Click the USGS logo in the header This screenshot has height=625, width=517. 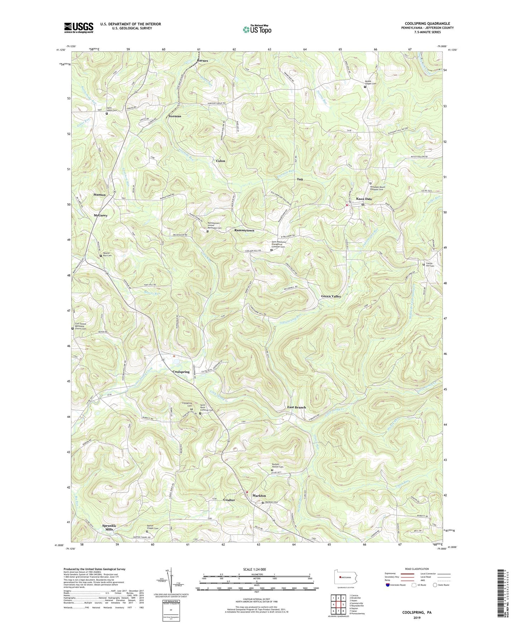coord(79,27)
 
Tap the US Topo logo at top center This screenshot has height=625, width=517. coord(257,29)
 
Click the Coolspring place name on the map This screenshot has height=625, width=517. coord(180,372)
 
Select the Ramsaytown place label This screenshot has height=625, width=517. coord(244,231)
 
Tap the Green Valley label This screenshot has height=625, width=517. coord(331,296)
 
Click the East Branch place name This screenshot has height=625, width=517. coord(297,407)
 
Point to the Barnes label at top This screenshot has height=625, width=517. coord(202,60)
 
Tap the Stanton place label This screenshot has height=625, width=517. coord(99,195)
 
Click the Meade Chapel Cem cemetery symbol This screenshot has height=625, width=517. coord(365,87)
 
